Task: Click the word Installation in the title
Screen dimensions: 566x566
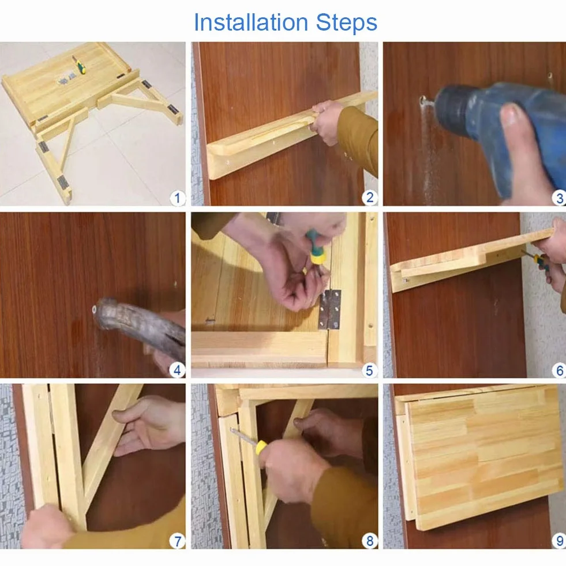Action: tap(251, 23)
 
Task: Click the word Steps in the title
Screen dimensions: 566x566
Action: tap(347, 23)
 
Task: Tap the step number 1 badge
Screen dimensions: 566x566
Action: tap(177, 198)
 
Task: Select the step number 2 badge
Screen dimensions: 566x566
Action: tap(370, 197)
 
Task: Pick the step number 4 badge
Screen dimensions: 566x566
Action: tap(177, 370)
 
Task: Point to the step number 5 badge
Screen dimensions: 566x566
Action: tap(369, 370)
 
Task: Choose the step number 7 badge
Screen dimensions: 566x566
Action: tap(177, 541)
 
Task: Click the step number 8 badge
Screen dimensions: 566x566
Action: tap(370, 541)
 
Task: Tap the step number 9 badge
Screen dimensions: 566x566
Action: tap(559, 541)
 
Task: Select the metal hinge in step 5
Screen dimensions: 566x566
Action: tap(329, 309)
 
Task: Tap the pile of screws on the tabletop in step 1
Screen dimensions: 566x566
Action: tap(67, 78)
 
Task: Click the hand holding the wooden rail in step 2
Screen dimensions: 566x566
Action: tap(327, 122)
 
